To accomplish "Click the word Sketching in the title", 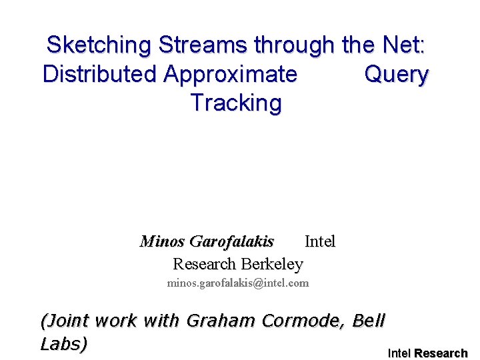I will click(x=99, y=45).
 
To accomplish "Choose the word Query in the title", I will click(x=396, y=74).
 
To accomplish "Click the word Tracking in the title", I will click(x=236, y=103).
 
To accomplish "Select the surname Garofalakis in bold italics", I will click(x=231, y=241).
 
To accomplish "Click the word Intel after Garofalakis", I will click(x=320, y=241).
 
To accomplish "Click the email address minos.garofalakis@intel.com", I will click(x=237, y=283).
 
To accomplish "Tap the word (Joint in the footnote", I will click(x=65, y=321).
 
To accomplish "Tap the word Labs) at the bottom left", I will click(x=64, y=344).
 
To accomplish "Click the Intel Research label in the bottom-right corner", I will click(x=427, y=353).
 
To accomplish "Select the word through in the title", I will click(x=295, y=45).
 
